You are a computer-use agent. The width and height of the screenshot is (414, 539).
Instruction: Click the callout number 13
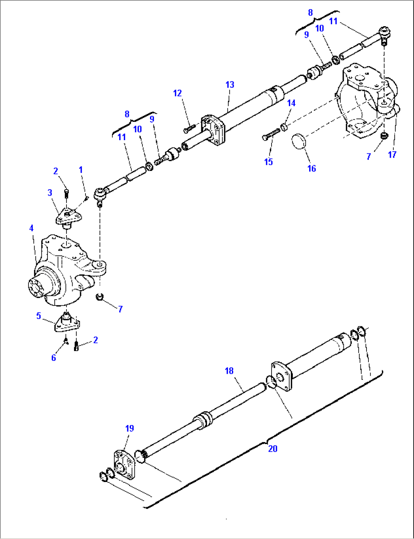pyautogui.click(x=230, y=85)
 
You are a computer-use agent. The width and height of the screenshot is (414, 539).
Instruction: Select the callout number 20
pyautogui.click(x=273, y=449)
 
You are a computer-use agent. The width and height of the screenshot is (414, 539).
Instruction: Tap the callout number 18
pyautogui.click(x=229, y=371)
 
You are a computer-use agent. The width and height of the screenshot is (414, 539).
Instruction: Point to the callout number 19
pyautogui.click(x=130, y=428)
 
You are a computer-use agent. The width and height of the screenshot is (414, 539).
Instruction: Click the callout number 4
pyautogui.click(x=32, y=228)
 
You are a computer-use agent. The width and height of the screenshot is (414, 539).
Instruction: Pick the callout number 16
pyautogui.click(x=311, y=169)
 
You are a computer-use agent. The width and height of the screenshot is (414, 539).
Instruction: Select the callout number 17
pyautogui.click(x=392, y=155)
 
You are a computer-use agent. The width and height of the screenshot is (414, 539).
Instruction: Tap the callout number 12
pyautogui.click(x=177, y=93)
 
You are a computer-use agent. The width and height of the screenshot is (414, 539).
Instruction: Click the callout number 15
pyautogui.click(x=269, y=162)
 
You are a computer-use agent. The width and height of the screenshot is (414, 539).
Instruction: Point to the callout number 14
pyautogui.click(x=291, y=103)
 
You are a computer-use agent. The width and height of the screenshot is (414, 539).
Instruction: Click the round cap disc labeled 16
pyautogui.click(x=298, y=141)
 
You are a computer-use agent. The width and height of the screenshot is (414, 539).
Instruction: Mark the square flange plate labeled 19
pyautogui.click(x=125, y=465)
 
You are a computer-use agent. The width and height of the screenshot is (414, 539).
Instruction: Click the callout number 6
pyautogui.click(x=54, y=358)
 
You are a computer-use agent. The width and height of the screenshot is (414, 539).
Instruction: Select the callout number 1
pyautogui.click(x=81, y=170)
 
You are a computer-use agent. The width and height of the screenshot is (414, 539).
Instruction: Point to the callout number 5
pyautogui.click(x=38, y=316)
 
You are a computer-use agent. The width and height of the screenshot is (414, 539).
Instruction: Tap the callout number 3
pyautogui.click(x=50, y=193)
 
